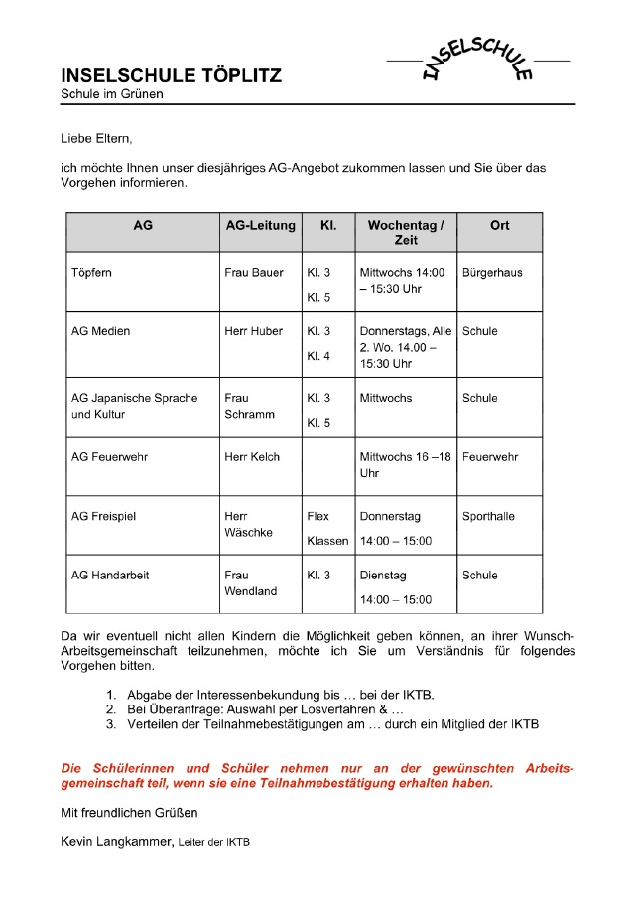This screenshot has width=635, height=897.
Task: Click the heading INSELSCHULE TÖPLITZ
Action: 171,75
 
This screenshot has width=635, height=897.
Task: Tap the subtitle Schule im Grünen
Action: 112,94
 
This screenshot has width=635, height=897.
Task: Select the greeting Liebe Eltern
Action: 95,139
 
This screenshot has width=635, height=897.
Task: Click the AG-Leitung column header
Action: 261,226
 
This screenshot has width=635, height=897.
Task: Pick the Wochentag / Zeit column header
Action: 405,233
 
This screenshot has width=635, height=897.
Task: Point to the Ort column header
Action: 499,226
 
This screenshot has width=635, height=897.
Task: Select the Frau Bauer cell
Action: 254,273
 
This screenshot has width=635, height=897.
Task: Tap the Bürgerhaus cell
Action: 492,273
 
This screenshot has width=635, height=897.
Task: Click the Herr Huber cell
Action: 254,331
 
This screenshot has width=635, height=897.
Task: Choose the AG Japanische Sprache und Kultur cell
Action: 134,406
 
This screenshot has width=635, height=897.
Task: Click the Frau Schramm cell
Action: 249,406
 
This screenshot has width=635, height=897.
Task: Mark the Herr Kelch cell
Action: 252,457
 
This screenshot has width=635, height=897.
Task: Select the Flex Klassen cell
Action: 327,529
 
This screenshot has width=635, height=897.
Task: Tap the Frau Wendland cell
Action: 251,583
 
